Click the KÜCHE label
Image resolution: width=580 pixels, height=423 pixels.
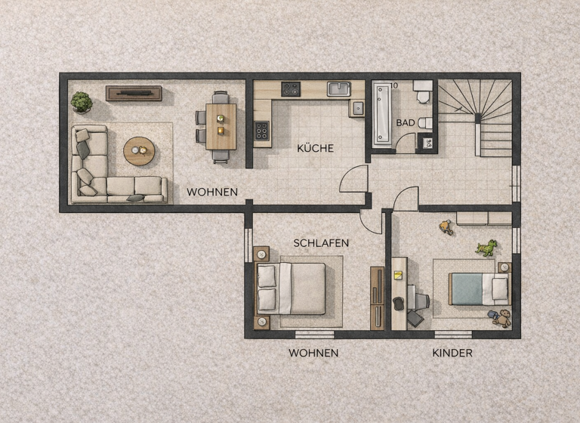[x=315, y=148]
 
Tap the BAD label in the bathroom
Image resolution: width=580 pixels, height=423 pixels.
[x=405, y=122]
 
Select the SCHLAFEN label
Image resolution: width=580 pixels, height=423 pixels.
[x=321, y=242]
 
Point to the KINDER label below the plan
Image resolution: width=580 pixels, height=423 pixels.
[x=452, y=353]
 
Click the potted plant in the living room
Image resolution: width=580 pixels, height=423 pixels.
[x=82, y=101]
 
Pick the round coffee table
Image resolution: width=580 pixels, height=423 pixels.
[x=139, y=151]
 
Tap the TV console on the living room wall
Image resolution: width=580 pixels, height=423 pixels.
[x=134, y=94]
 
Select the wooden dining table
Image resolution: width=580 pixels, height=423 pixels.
[x=221, y=126]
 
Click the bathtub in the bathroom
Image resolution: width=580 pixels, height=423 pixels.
[x=382, y=113]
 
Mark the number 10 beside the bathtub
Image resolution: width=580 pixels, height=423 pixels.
[x=395, y=85]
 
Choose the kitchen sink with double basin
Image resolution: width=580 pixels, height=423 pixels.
[x=338, y=89]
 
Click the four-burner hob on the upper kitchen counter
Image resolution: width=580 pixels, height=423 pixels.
[x=291, y=89]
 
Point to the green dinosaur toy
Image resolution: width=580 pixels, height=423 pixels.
[x=487, y=247]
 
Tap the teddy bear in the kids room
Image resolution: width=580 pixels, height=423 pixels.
[x=501, y=318]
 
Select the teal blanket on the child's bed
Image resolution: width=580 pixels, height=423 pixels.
[x=470, y=289]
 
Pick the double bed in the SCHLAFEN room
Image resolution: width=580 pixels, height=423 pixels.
[x=292, y=288]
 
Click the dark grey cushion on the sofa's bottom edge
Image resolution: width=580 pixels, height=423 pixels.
[x=136, y=198]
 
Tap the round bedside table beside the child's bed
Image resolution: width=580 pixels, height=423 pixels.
[x=504, y=267]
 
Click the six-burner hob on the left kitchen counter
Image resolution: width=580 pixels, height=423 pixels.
[x=262, y=131]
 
